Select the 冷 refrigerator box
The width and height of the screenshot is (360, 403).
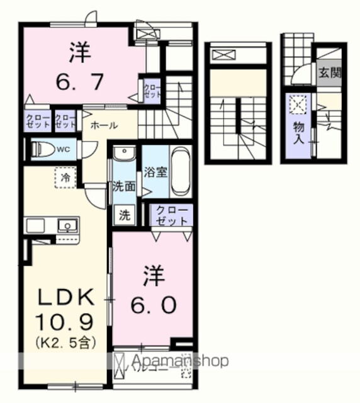[65, 178]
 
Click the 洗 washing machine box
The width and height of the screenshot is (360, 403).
[125, 214]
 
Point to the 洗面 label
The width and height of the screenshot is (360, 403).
[123, 186]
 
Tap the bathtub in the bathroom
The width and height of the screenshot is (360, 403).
[181, 171]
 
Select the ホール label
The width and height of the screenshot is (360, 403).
[103, 125]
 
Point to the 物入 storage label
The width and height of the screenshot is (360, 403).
[298, 131]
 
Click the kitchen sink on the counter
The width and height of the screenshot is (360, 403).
[66, 225]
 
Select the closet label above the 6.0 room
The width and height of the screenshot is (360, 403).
[172, 215]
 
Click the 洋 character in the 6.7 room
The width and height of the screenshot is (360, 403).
[76, 52]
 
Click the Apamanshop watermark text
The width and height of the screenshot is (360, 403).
[179, 361]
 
